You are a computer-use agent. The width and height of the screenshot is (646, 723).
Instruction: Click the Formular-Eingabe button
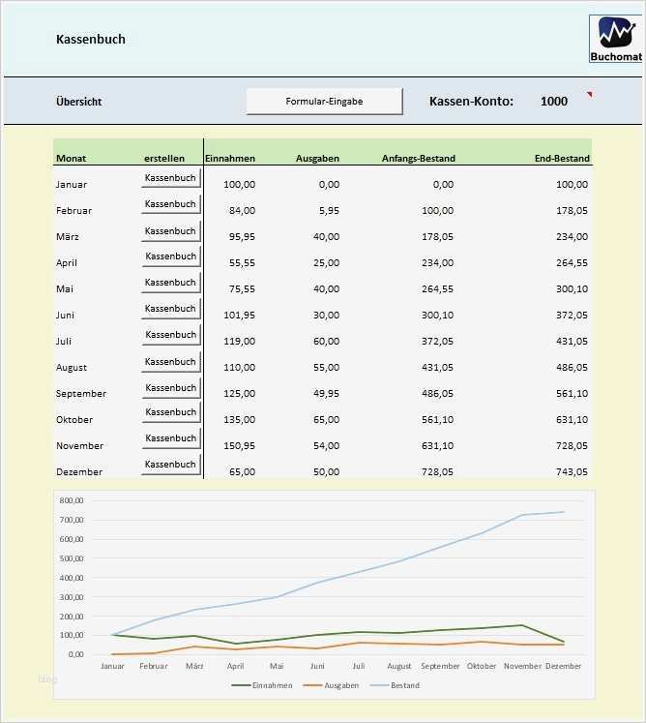(x=324, y=102)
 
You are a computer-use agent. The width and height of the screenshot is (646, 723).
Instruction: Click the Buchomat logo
(x=614, y=40)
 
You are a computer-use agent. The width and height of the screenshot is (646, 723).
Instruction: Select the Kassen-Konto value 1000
(x=554, y=102)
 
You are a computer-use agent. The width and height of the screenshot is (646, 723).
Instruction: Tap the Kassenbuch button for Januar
(x=170, y=178)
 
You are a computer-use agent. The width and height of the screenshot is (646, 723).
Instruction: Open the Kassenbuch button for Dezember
(x=170, y=465)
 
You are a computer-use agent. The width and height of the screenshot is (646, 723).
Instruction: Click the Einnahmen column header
(x=230, y=158)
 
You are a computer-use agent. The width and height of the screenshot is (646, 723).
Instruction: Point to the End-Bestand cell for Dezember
(x=568, y=472)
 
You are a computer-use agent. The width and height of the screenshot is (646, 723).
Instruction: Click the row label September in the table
(x=81, y=394)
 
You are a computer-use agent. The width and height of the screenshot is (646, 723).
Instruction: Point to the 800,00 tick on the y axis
(x=72, y=500)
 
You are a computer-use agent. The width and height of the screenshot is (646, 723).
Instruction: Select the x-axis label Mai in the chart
(x=277, y=667)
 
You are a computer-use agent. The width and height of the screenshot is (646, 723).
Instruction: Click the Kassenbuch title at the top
(x=91, y=40)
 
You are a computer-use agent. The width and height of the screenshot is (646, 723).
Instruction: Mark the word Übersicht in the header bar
(x=79, y=102)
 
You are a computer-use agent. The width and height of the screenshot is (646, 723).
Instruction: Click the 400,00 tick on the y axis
(x=72, y=578)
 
